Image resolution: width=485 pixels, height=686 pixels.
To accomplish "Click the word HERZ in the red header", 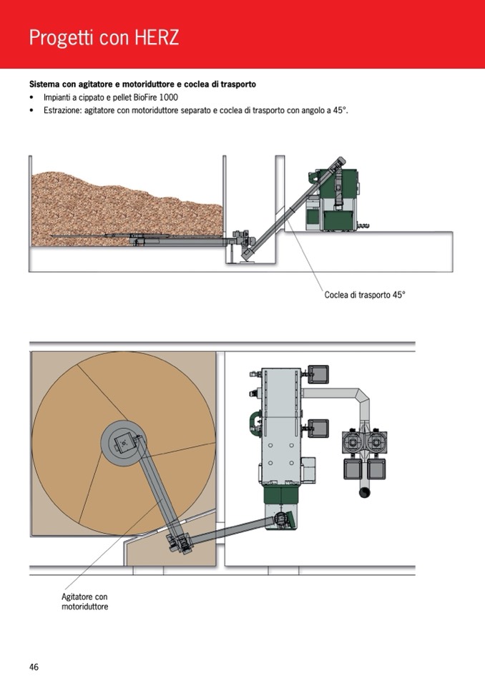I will (156, 37).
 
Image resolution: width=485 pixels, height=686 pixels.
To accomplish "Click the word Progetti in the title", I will (62, 38).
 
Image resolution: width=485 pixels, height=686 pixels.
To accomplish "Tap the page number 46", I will (34, 667).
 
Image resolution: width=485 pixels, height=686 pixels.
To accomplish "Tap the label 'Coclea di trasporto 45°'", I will (364, 294).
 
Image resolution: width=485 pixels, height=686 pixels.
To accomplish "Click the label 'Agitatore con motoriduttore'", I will (85, 602).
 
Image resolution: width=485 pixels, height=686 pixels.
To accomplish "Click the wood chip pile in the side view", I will (122, 204).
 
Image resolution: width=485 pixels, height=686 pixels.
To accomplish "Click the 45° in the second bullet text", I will (339, 111).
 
